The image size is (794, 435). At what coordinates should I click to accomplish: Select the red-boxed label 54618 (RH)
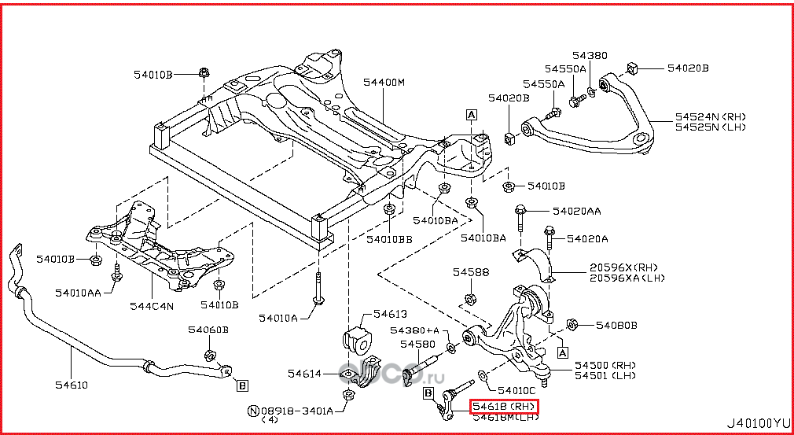click(503, 407)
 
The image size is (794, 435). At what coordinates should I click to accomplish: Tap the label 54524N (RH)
click(710, 116)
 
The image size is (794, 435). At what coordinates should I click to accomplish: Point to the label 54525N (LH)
click(710, 127)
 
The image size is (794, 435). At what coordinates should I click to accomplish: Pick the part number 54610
click(72, 385)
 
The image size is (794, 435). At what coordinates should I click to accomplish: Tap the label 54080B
click(616, 325)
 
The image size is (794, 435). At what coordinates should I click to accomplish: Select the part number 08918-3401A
click(297, 411)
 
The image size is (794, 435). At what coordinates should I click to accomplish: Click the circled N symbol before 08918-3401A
click(253, 411)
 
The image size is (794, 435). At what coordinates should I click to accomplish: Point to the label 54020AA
click(576, 211)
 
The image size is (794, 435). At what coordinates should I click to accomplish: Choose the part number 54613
click(390, 313)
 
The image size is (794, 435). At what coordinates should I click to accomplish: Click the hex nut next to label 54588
click(469, 298)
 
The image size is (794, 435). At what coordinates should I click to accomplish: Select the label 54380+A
click(414, 330)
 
